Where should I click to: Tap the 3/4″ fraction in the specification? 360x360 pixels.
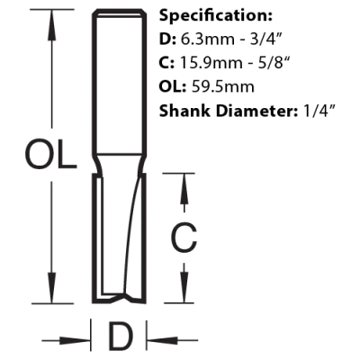click(265, 39)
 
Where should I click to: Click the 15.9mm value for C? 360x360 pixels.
click(207, 63)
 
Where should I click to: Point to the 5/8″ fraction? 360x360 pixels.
click(266, 63)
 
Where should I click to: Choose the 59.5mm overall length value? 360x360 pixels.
click(222, 86)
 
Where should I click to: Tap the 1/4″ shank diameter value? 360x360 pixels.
click(314, 111)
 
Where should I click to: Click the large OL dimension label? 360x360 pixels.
click(50, 155)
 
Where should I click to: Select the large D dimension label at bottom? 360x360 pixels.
click(120, 337)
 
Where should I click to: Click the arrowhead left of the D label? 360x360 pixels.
click(76, 340)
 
